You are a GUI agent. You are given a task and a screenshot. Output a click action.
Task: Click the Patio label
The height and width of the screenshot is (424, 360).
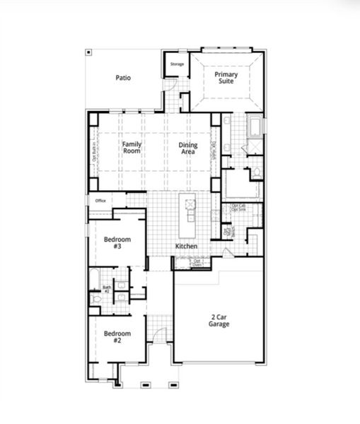[123, 78]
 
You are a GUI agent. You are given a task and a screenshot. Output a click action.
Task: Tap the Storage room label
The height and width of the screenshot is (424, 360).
[177, 64]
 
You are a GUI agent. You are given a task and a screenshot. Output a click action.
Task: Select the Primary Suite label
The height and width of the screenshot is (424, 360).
[226, 78]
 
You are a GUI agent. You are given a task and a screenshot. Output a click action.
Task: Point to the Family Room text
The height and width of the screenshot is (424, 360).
[132, 148]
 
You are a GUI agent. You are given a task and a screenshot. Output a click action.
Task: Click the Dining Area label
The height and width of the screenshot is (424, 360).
[188, 148]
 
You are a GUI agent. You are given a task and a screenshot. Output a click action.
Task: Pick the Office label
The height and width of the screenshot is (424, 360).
[100, 201]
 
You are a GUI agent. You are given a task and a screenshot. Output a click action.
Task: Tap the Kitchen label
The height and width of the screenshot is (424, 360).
[187, 246]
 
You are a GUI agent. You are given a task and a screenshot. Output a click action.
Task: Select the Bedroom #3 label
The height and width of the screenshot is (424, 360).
[117, 242]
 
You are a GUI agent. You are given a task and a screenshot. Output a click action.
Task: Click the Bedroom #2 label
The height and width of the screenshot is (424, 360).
[117, 336]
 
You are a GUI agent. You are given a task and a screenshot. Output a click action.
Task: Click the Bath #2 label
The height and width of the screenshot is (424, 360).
[107, 288]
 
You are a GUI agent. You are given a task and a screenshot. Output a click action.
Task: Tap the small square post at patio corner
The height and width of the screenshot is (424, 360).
[88, 52]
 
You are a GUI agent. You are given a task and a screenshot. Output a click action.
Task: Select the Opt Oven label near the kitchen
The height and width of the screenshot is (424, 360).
[198, 263]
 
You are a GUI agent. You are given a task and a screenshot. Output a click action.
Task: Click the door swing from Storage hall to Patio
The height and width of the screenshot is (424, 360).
[170, 86]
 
